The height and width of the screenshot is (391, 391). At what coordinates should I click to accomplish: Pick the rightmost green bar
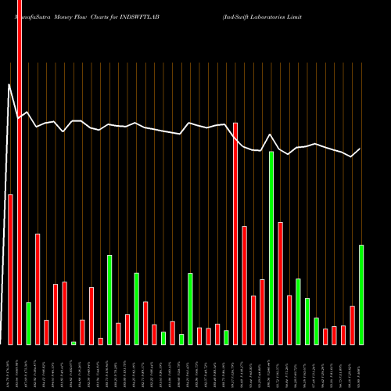(361, 295)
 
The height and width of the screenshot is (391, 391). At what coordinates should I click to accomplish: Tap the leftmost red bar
(11, 269)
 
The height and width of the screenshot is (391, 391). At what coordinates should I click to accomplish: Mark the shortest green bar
(74, 343)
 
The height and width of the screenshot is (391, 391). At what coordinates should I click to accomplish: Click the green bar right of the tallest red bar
(29, 323)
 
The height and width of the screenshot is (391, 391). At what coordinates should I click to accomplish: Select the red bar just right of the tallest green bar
(280, 283)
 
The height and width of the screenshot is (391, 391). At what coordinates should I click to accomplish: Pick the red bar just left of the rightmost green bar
(353, 325)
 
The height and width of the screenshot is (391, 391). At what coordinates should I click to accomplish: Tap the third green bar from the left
(109, 300)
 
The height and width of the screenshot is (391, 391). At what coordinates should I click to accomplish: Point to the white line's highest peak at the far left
(9, 84)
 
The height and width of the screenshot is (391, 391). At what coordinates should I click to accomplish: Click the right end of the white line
(361, 149)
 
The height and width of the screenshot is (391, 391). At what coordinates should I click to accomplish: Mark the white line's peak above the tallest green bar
(271, 135)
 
